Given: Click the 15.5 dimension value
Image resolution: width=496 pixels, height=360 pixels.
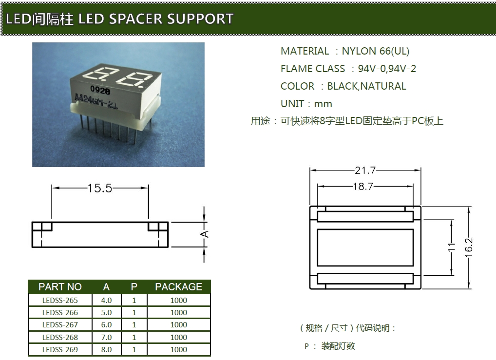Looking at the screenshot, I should pos(99,188).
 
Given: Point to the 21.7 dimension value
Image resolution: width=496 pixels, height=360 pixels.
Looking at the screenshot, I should pos(365,171).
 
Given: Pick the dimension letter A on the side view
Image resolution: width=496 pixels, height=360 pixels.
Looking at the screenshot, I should pos(205,234).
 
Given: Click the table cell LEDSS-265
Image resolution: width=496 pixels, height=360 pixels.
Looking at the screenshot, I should pos(60,300).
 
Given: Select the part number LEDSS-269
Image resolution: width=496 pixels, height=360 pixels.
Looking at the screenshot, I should pos(60,349).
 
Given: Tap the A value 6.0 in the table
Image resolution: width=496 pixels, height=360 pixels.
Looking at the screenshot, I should pos(106,324).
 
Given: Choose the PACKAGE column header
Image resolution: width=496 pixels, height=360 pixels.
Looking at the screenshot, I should pos(178,287).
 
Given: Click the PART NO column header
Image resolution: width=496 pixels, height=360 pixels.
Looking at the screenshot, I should pos(60,287).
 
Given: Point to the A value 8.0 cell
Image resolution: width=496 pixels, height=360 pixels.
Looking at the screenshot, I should pos(106,349).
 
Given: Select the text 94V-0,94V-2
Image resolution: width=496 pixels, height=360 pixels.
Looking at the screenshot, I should pos(387,69).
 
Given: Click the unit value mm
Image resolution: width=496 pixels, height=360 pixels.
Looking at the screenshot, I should pos(323,104).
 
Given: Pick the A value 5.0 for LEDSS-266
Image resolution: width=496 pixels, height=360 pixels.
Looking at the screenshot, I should pos(106,312).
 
